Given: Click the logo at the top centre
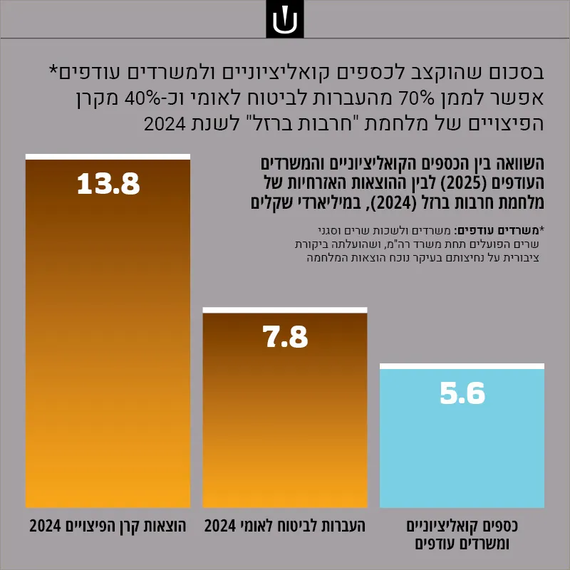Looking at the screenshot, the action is pos(284,19).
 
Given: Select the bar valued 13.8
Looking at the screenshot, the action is pos(108,331).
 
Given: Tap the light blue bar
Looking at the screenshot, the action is pos(462,435).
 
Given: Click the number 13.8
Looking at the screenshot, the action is pos(108,184).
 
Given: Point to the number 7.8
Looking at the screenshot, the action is pos(285,336).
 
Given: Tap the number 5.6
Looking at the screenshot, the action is pos(462,393).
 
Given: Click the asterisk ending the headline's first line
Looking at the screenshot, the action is pos(53,69).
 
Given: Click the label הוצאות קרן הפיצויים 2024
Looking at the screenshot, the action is pos(108,526).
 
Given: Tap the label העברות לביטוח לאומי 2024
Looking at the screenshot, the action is pos(284,526).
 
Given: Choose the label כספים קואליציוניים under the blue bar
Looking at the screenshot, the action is pos(462,526).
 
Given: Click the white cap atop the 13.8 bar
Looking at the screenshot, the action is pos(108,157).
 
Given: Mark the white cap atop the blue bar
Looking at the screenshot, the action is pos(462,366).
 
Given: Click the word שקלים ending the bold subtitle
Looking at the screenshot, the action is pos(272,203).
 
